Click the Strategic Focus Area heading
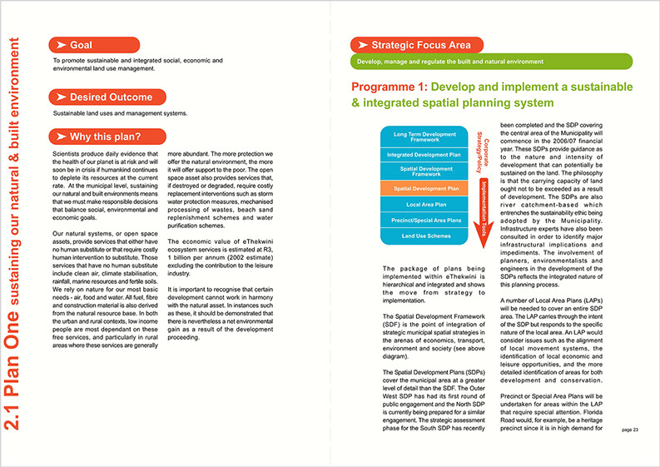(x=413, y=45)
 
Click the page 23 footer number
(x=629, y=430)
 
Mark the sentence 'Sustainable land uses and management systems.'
(x=121, y=113)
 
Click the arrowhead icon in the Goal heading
(x=61, y=44)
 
